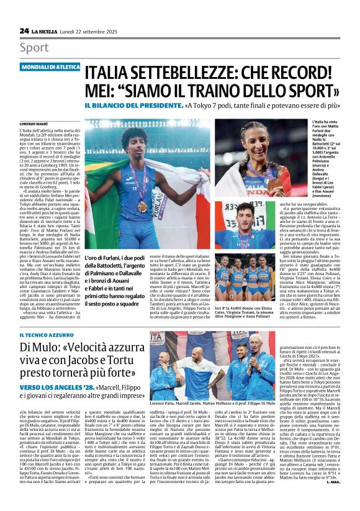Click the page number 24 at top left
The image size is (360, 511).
click(x=24, y=30)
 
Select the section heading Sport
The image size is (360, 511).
click(x=34, y=48)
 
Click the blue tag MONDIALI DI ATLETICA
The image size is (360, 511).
click(x=51, y=66)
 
